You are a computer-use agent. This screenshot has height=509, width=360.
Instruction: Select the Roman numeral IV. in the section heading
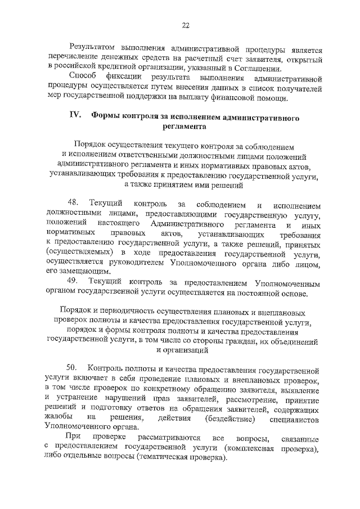(75, 117)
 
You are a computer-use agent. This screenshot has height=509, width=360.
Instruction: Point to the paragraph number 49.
(73, 281)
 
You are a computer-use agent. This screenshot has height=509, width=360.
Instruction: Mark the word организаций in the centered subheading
(188, 350)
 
